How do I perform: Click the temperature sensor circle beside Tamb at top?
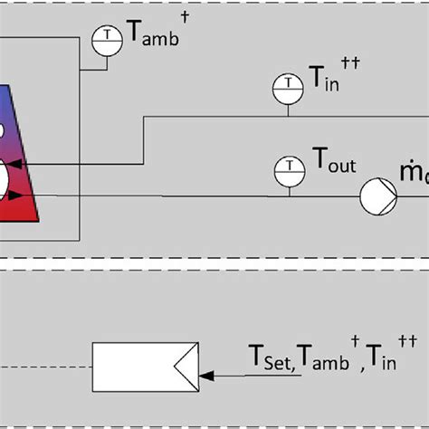pos(108,35)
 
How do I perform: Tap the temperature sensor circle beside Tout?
pos(289,167)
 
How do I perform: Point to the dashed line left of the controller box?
pos(45,366)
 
